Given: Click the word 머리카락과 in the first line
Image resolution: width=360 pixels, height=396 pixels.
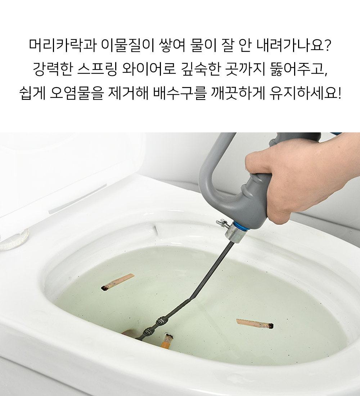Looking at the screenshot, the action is click(x=62, y=45).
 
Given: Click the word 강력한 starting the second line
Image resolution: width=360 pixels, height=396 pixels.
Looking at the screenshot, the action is click(x=53, y=69).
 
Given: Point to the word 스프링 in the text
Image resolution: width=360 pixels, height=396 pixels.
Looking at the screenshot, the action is click(x=97, y=69).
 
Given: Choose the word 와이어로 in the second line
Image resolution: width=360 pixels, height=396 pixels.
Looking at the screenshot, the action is click(x=149, y=69).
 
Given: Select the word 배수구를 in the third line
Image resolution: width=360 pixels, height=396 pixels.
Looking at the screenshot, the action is click(x=180, y=93).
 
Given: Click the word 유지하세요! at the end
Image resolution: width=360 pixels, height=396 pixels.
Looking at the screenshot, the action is click(x=305, y=93).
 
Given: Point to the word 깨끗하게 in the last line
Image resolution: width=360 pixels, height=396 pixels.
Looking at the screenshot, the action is click(x=238, y=93).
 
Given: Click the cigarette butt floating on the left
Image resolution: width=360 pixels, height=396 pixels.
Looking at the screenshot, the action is click(x=117, y=282).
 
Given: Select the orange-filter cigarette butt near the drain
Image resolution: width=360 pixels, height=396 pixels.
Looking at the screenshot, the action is click(x=166, y=341).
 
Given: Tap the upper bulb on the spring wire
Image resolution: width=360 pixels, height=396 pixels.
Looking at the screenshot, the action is click(x=161, y=321).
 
